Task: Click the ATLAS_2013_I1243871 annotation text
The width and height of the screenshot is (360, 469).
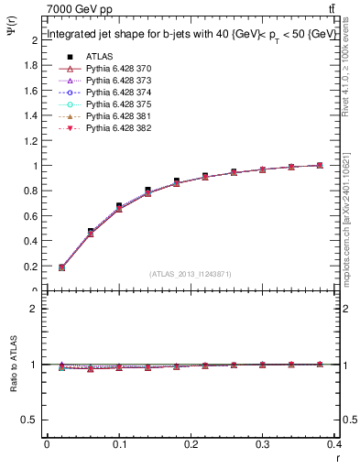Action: [x=189, y=274]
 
